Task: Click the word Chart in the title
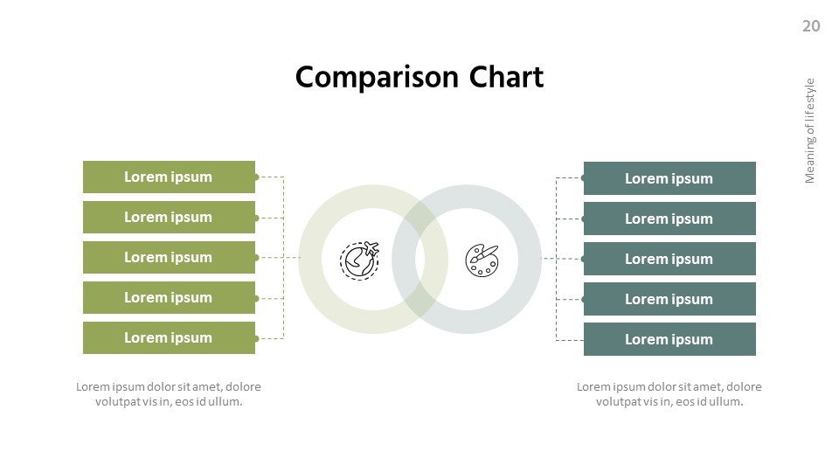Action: click(506, 78)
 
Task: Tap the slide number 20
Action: click(811, 26)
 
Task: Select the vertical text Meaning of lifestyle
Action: click(809, 131)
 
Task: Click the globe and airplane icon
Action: click(360, 260)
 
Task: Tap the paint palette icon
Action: click(482, 260)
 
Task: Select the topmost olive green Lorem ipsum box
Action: click(169, 177)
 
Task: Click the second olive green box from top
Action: click(169, 217)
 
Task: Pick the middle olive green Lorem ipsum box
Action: click(169, 257)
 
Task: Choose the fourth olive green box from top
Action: click(169, 297)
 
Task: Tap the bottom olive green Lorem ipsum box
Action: click(169, 337)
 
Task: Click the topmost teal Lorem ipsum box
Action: click(669, 178)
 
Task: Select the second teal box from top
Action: click(669, 219)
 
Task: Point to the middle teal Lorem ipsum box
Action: click(669, 259)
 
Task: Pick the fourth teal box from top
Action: click(669, 299)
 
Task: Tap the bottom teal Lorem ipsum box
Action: click(669, 339)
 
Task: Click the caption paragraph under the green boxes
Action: click(169, 394)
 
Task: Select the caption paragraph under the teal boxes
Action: click(669, 394)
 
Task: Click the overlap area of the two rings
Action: click(420, 259)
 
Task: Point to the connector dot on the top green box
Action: click(256, 177)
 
